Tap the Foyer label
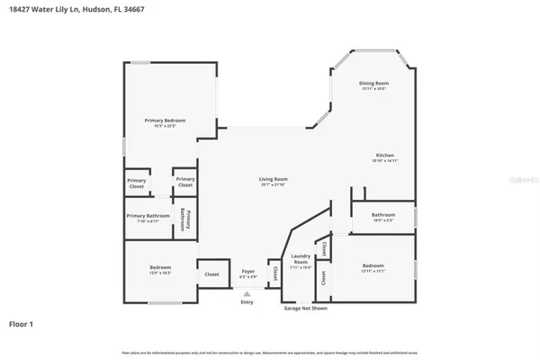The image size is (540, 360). [248, 271]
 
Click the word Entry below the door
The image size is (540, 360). [247, 301]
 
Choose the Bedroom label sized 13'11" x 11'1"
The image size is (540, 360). [373, 265]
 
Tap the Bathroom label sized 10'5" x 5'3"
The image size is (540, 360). [383, 214]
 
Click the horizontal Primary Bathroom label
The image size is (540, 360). [148, 216]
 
